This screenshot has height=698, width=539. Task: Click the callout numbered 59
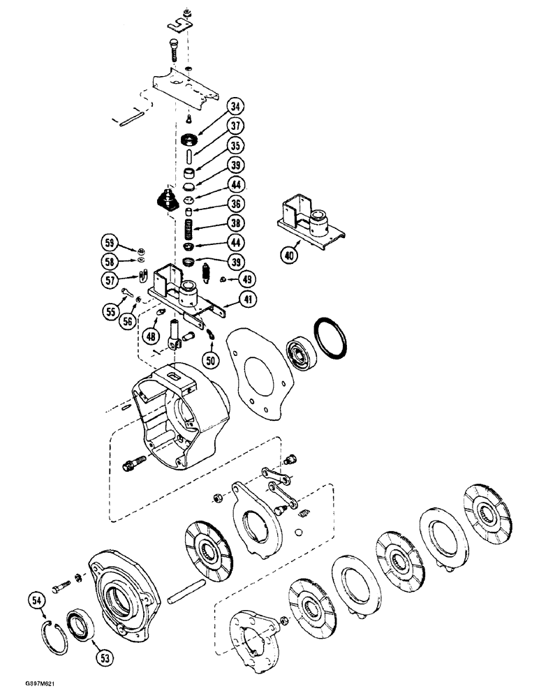108,244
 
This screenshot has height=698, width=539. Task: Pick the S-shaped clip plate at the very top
184,25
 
